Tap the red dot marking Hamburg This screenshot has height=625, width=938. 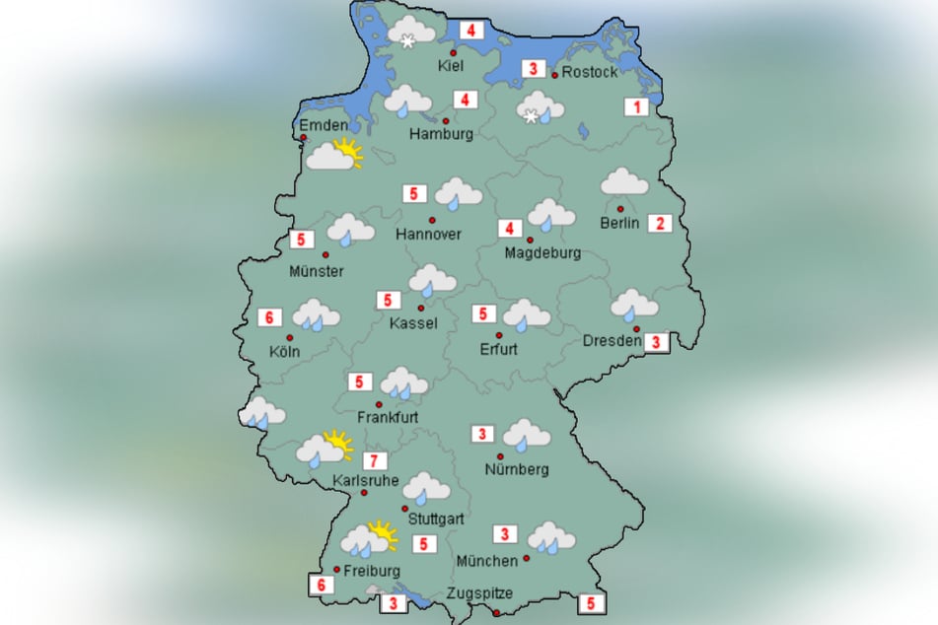[x=445, y=120]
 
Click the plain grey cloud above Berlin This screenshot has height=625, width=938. [x=624, y=181]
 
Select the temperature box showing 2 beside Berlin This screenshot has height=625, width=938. [x=658, y=223]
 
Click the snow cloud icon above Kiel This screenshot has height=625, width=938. [x=411, y=32]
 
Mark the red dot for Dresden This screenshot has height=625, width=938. [x=637, y=328]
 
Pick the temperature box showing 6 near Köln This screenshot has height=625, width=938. [x=268, y=317]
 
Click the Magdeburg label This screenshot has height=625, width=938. [x=542, y=253]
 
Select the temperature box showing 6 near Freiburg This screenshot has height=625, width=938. [x=322, y=585]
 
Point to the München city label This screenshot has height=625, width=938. [x=486, y=561]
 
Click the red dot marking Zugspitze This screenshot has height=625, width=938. [x=495, y=613]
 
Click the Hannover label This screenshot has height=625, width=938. [x=429, y=235]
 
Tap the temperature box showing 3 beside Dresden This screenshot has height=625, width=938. [x=657, y=342]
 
